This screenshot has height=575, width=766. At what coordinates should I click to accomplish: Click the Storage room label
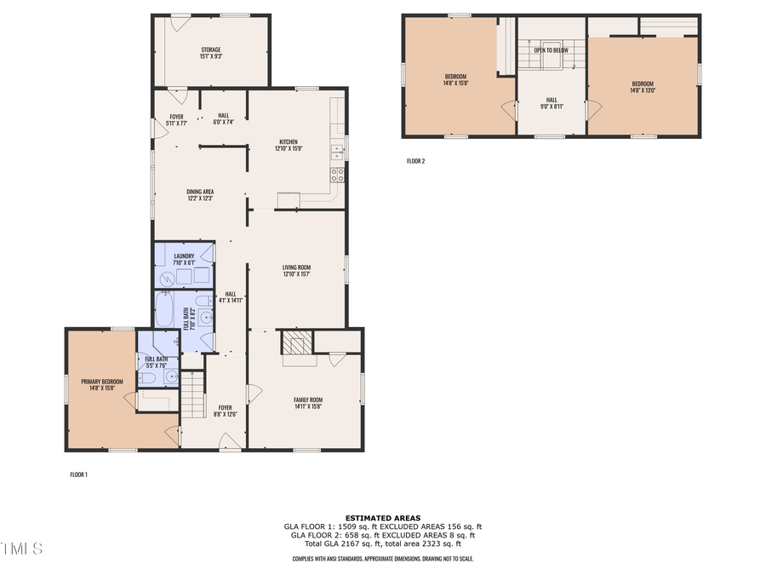(x=210, y=53)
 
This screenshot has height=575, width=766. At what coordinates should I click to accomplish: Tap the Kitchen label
(x=289, y=145)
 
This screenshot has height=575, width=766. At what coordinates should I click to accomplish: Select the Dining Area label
(x=199, y=194)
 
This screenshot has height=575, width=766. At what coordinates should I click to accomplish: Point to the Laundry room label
(x=184, y=259)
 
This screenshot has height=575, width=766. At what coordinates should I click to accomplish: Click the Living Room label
(x=296, y=271)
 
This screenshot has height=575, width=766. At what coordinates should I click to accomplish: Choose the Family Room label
(x=308, y=403)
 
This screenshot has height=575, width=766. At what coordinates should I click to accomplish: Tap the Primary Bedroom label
(x=102, y=384)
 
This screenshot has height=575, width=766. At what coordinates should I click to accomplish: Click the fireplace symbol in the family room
(x=299, y=345)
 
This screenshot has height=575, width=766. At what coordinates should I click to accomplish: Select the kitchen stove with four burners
(x=337, y=175)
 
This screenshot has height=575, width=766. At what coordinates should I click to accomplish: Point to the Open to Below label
(x=551, y=50)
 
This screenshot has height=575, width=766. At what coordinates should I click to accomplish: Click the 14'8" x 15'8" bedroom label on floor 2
(x=456, y=79)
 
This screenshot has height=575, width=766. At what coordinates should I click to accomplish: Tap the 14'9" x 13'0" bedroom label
(x=643, y=86)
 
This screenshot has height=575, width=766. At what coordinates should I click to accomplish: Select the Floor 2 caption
(x=415, y=160)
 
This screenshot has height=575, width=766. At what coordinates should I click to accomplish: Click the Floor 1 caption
(x=78, y=474)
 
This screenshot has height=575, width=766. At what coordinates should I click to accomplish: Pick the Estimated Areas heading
(x=382, y=518)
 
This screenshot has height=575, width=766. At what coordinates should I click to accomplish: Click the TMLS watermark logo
(x=21, y=547)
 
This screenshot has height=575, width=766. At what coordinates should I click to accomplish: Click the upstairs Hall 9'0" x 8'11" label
(x=551, y=104)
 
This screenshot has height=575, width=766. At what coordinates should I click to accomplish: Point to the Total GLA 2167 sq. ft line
(x=382, y=543)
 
